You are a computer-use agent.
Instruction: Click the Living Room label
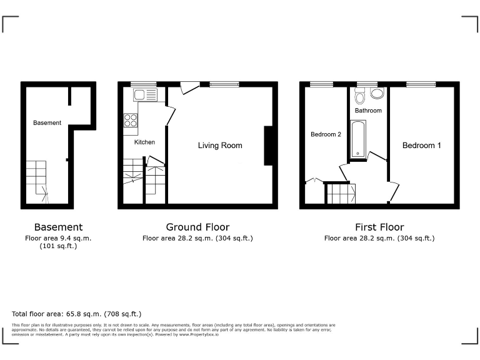pyautogui.click(x=220, y=146)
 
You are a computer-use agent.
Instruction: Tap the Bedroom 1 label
pyautogui.click(x=421, y=146)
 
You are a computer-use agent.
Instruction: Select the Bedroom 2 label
pyautogui.click(x=326, y=134)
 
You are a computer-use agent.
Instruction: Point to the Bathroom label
pyautogui.click(x=368, y=111)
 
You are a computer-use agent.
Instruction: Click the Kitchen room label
pyautogui.click(x=144, y=142)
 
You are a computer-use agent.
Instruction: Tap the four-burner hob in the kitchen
pyautogui.click(x=131, y=120)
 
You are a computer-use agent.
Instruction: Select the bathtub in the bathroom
pyautogui.click(x=358, y=139)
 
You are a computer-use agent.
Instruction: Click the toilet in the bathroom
pyautogui.click(x=359, y=96)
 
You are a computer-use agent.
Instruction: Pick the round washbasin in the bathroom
pyautogui.click(x=377, y=94)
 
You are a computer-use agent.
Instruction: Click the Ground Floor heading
pyautogui.click(x=197, y=227)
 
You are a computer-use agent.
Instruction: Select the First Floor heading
pyautogui.click(x=379, y=227)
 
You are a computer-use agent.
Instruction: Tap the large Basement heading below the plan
pyautogui.click(x=58, y=227)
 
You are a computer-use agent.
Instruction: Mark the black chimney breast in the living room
pyautogui.click(x=269, y=146)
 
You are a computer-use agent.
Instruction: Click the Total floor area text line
pyautogui.click(x=77, y=314)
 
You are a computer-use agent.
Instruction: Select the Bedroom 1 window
pyautogui.click(x=421, y=84)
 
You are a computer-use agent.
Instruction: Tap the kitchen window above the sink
pyautogui.click(x=143, y=84)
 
